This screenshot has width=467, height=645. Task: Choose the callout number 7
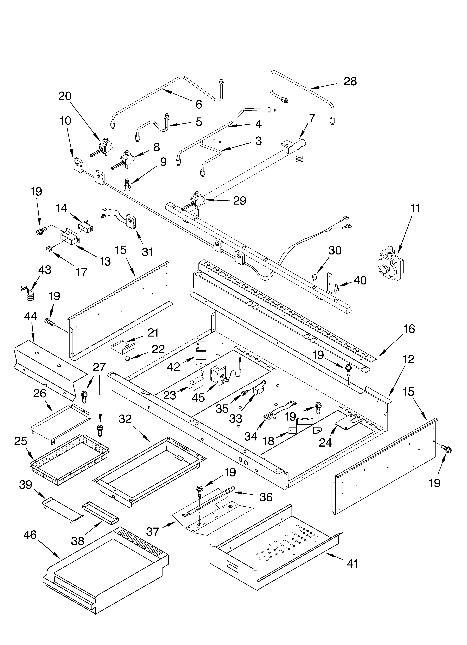click(312, 118)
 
